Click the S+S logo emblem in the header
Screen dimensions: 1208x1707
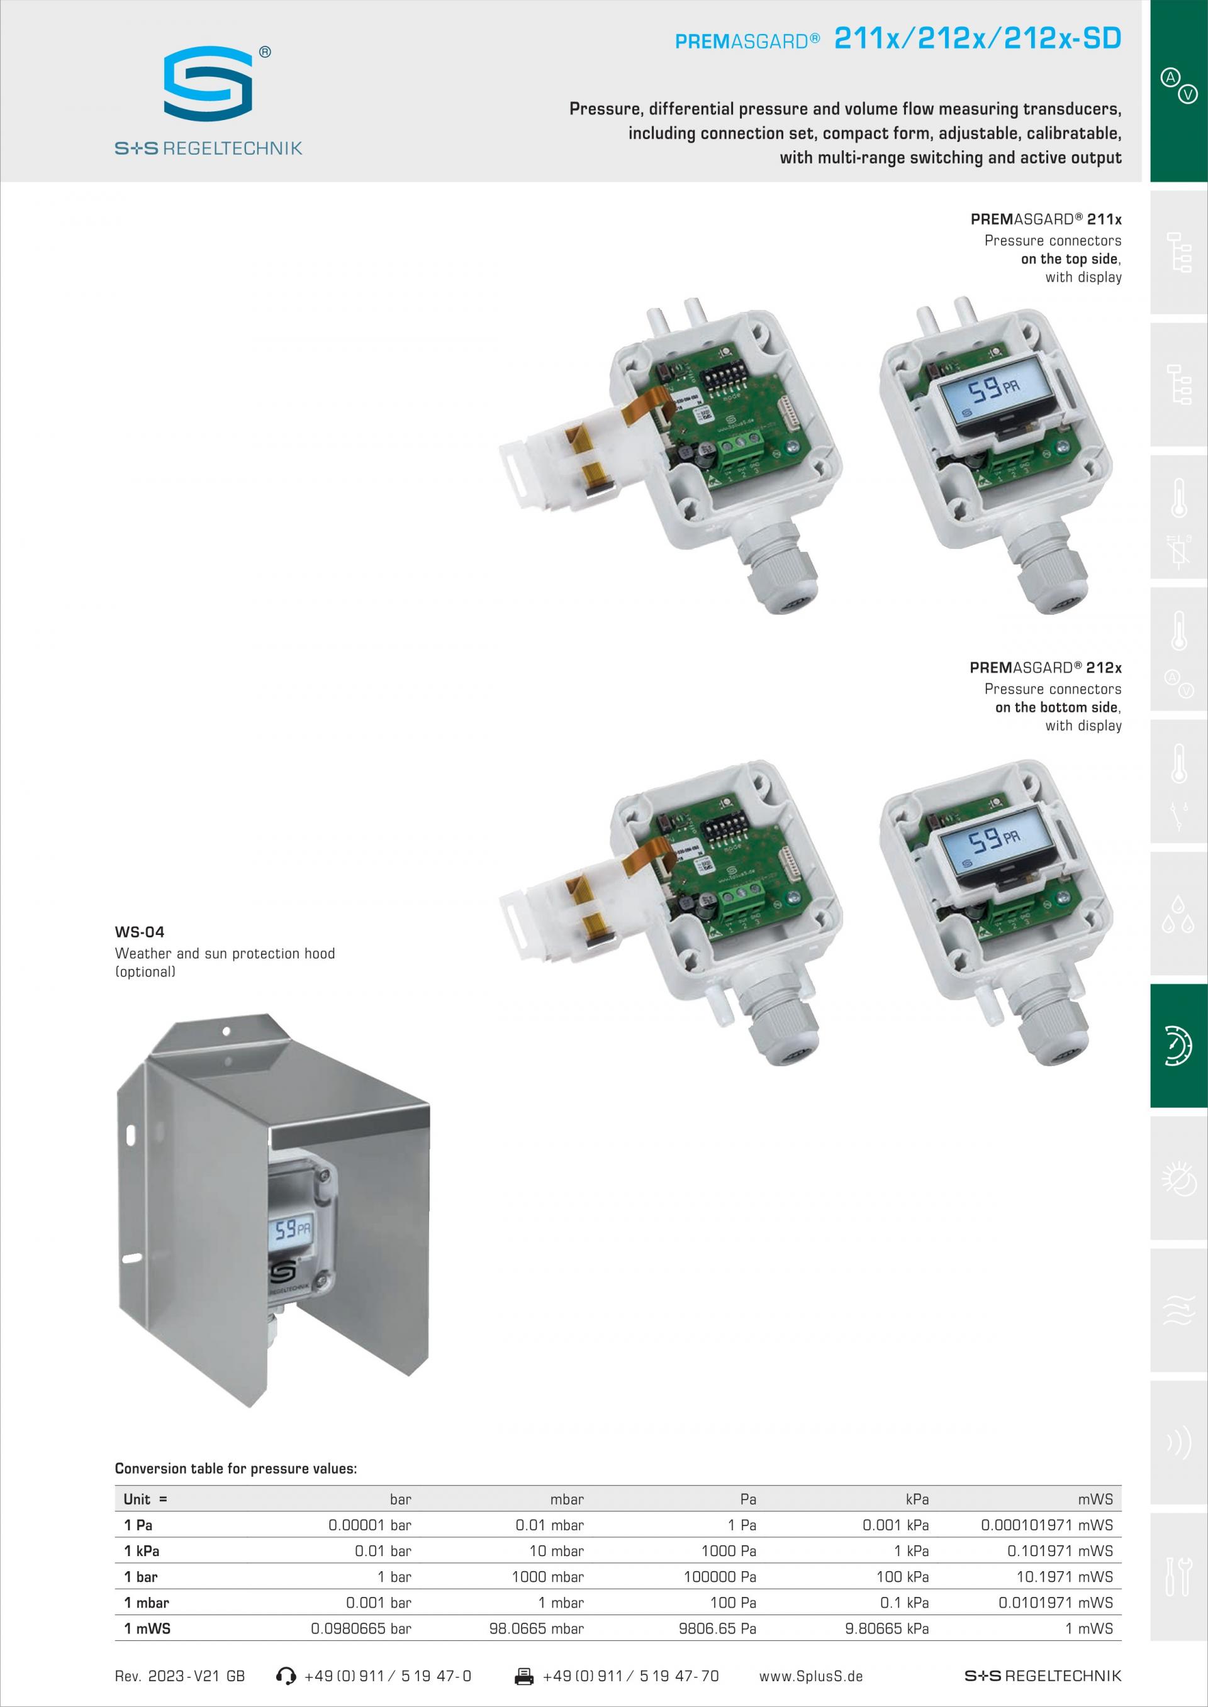208,83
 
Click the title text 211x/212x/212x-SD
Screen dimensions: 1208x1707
977,38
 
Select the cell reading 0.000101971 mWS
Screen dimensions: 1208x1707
1046,1525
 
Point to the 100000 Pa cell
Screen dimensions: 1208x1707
720,1576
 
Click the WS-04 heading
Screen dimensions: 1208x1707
140,932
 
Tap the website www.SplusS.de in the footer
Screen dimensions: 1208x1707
811,1676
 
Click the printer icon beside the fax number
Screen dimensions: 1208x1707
524,1676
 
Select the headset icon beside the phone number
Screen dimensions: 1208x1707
286,1676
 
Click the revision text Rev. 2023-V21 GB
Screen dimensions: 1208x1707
180,1676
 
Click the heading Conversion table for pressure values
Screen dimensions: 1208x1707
236,1468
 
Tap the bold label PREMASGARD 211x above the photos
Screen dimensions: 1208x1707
1046,219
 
